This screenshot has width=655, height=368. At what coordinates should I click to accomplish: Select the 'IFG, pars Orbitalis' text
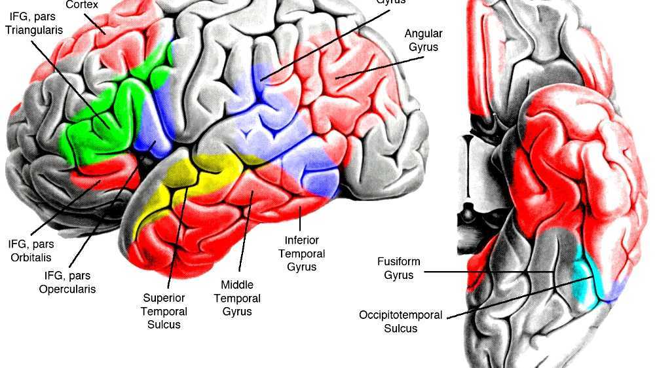[30, 250]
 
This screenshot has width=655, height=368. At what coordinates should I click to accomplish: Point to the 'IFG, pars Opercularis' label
[69, 283]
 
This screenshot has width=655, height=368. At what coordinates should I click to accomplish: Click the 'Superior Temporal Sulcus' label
[164, 312]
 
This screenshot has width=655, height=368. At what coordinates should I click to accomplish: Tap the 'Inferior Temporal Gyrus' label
[301, 253]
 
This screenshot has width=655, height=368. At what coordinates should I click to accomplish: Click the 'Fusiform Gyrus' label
[398, 268]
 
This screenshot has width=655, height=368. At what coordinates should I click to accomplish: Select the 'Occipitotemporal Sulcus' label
[400, 322]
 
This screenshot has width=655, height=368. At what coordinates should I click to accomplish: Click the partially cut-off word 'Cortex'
[82, 5]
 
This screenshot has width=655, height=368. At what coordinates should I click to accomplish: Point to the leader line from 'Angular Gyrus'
[380, 67]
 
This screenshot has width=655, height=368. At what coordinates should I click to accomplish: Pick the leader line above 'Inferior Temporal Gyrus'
[301, 221]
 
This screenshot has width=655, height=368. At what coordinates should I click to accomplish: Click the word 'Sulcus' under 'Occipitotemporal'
[400, 328]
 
